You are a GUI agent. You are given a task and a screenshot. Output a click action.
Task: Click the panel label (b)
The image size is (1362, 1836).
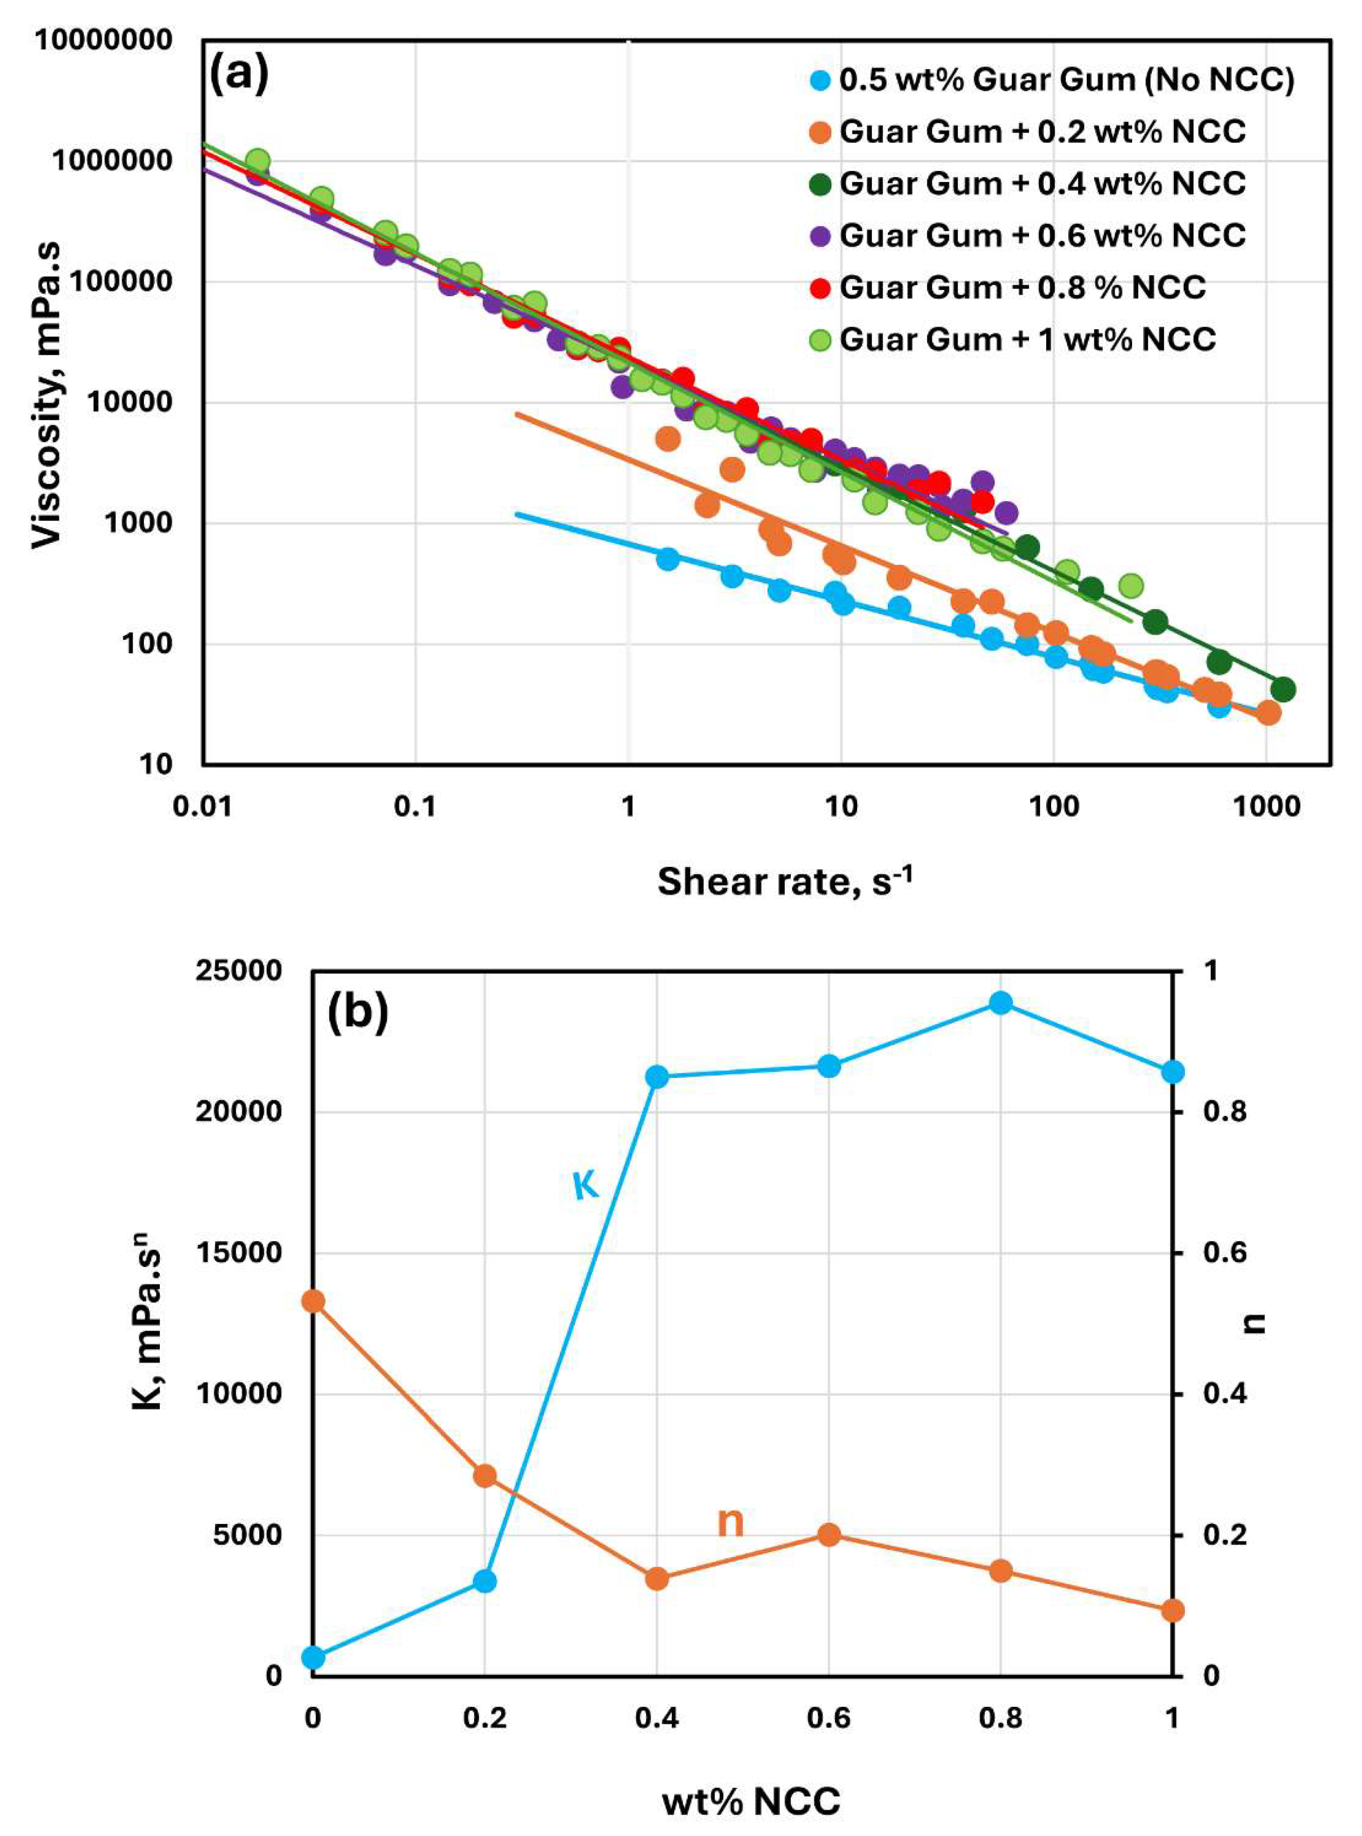pos(358,1013)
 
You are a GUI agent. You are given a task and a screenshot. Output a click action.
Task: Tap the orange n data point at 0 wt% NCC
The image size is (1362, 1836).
pos(312,1301)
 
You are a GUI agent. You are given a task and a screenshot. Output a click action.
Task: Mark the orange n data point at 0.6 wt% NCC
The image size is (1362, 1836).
pos(829,1534)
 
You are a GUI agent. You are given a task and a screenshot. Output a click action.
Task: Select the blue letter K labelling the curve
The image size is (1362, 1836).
pos(585,1187)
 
